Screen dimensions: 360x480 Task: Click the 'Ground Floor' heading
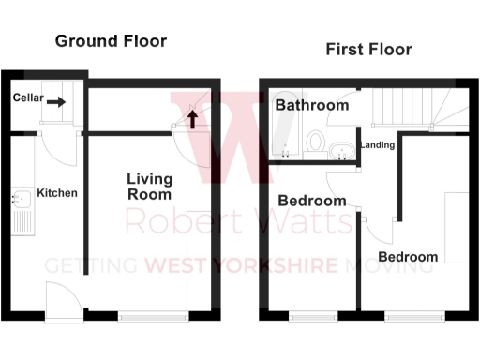tap(111, 41)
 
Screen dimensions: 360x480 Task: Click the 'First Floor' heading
tap(368, 49)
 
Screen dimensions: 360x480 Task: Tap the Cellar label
tap(28, 98)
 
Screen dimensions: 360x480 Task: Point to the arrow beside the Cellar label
tap(56, 102)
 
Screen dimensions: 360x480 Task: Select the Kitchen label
tap(57, 193)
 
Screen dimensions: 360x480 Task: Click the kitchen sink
tap(20, 199)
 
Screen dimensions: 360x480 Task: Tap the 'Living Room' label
tap(150, 187)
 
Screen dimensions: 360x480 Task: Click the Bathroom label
tap(311, 106)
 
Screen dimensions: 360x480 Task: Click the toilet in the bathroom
tap(316, 146)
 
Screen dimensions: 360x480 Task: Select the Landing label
tap(377, 145)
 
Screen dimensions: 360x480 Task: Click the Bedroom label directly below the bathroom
tap(312, 201)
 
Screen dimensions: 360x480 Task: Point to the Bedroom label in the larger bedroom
tap(408, 257)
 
